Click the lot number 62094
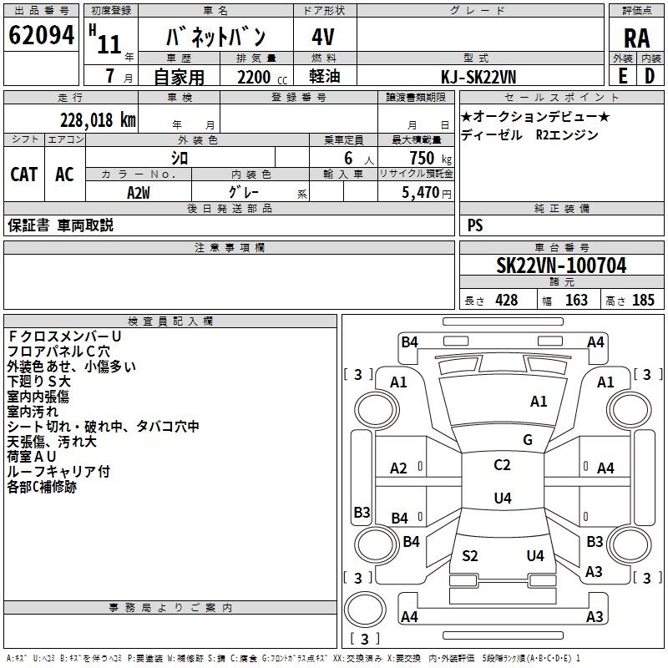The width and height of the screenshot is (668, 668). click(41, 35)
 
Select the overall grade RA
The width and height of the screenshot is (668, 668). click(637, 38)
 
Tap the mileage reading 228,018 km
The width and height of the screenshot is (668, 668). click(98, 120)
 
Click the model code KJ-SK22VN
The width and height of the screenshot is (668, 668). click(478, 77)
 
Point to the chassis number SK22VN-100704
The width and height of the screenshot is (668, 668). click(561, 266)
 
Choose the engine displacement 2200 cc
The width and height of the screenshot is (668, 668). click(262, 77)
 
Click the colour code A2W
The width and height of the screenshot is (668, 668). click(139, 193)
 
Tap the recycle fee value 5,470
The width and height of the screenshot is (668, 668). click(421, 192)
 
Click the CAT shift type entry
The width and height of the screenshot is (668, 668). click(24, 175)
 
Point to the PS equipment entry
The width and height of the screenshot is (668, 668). click(475, 225)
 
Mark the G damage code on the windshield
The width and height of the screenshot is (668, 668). click(528, 439)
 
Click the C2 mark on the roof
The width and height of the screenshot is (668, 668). click(502, 465)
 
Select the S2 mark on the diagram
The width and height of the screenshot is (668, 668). click(470, 555)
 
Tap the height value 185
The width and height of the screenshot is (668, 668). click(643, 300)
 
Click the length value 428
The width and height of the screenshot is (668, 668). click(507, 300)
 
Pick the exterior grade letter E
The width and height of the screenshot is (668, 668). click(622, 76)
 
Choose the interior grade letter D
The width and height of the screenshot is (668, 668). click(650, 76)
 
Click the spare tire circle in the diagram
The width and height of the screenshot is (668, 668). click(365, 610)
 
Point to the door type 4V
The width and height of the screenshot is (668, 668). click(323, 37)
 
